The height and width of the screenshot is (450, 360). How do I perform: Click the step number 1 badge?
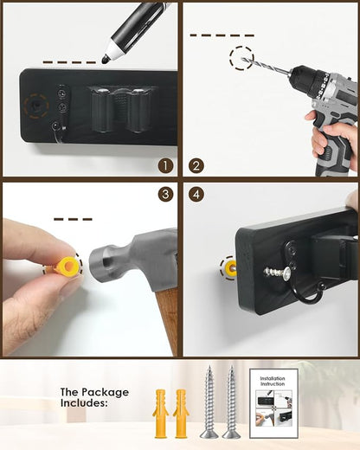[x=165, y=166]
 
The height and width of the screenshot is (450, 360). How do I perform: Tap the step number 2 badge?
[x=196, y=166]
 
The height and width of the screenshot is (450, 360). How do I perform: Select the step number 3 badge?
[x=165, y=195]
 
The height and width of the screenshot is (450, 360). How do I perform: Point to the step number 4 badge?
[x=196, y=195]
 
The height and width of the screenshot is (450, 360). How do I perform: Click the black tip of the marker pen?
[x=106, y=60]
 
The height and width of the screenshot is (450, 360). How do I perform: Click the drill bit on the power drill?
[x=265, y=66]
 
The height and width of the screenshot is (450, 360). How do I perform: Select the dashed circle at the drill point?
[x=241, y=58]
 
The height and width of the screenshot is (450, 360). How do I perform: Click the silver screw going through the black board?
[x=278, y=271]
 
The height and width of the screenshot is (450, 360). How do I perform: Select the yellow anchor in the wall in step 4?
[x=229, y=268]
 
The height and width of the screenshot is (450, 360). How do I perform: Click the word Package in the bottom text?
[x=105, y=393]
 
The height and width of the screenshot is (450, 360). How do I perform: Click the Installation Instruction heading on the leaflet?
[x=273, y=381]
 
